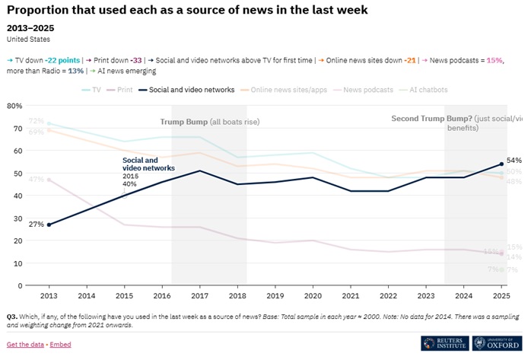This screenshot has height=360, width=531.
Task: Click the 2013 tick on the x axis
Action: click(48, 294)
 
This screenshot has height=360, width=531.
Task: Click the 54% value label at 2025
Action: click(514, 161)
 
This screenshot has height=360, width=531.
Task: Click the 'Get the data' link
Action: click(25, 345)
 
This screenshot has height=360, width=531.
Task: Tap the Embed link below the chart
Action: click(61, 345)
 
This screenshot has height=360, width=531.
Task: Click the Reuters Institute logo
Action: click(443, 343)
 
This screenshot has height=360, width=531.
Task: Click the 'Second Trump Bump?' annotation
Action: click(430, 118)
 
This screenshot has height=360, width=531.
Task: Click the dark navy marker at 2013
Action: click(48, 225)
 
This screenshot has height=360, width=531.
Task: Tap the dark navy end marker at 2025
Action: click(501, 164)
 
